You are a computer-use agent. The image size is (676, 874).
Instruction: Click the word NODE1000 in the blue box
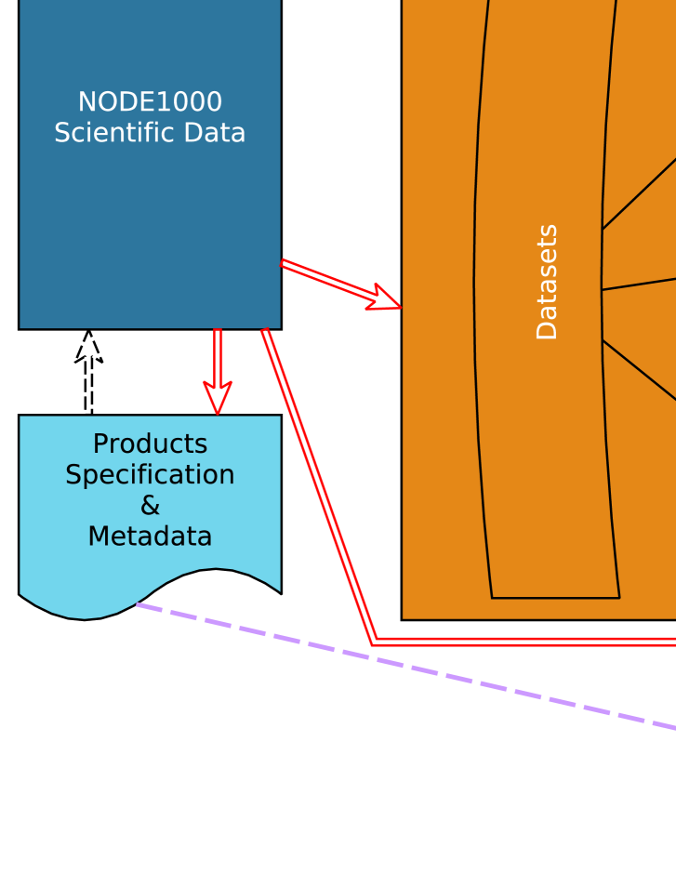point(150,102)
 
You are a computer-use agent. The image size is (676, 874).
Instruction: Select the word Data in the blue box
point(216,133)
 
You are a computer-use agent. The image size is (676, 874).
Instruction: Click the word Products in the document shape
point(150,444)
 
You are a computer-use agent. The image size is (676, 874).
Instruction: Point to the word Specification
point(150,475)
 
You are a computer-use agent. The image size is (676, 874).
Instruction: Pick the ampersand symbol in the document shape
point(150,506)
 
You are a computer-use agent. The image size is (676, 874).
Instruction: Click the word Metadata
point(150,537)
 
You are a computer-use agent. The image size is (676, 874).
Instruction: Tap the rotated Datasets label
point(548,282)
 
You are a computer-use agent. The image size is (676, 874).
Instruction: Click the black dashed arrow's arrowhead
point(88,345)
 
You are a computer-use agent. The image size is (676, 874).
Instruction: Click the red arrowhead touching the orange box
point(385,298)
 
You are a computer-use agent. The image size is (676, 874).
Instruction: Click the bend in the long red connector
point(374,641)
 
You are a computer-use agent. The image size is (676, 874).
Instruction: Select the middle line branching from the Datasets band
point(639,284)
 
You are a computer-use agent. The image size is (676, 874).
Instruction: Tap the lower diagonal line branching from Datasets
point(639,370)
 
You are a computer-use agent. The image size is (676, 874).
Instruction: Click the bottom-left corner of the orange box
point(402,619)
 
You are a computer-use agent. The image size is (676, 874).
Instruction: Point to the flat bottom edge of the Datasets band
point(555,598)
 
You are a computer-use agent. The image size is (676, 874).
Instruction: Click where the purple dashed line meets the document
point(138,604)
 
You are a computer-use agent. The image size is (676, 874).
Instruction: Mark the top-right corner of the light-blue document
point(281,416)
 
